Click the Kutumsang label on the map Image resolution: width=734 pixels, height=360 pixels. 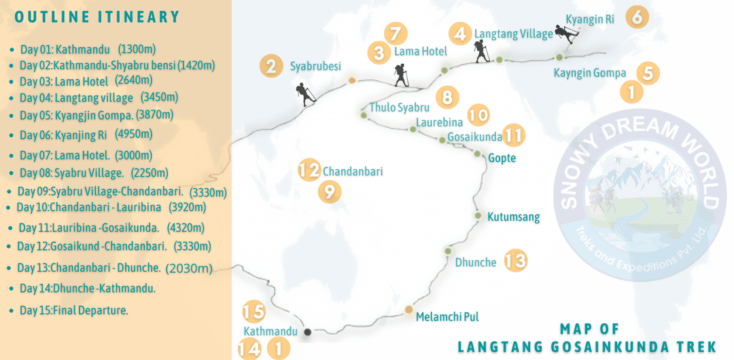tap(513, 217)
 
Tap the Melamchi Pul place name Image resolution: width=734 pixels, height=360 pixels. tap(442, 317)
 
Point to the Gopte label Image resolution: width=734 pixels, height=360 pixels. tap(502, 158)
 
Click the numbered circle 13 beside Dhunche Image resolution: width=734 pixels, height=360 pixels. tap(516, 260)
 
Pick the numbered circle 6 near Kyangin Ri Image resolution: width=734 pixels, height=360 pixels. tap(637, 16)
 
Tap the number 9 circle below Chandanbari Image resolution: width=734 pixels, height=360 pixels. tap(329, 192)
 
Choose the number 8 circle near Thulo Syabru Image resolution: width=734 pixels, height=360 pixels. tap(447, 97)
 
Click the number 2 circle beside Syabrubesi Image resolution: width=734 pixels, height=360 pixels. tap(271, 67)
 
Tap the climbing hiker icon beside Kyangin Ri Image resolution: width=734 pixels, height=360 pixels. tap(565, 34)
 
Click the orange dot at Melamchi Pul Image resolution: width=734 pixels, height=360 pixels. tap(408, 310)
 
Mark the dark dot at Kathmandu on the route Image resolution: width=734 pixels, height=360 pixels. tap(307, 331)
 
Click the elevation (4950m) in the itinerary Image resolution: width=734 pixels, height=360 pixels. tap(134, 133)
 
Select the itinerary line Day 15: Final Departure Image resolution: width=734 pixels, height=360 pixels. tap(73, 310)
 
